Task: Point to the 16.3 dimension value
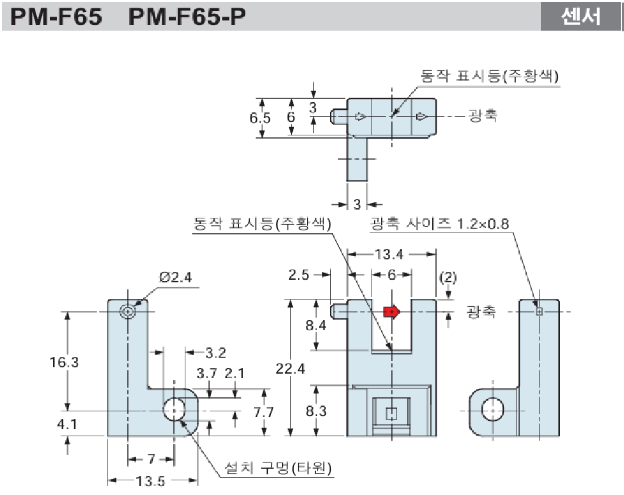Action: [64, 362]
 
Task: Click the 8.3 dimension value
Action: [316, 411]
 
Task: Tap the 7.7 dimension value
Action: [263, 412]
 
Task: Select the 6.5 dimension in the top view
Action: [260, 118]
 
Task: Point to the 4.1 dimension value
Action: [64, 422]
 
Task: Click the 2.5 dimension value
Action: [299, 275]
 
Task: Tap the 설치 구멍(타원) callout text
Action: [279, 469]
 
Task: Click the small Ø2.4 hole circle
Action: [128, 311]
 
